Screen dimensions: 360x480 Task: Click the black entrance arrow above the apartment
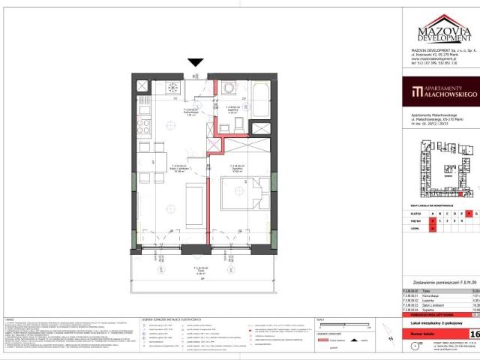(195, 64)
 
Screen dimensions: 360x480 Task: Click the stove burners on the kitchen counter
(172, 88)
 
